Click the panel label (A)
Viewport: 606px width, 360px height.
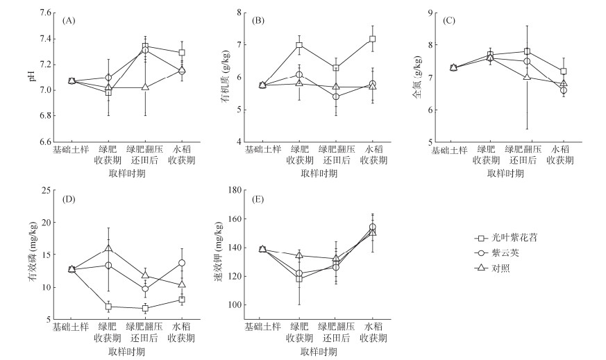69,21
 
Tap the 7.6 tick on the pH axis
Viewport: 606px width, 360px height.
44,13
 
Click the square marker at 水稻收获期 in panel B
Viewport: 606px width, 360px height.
373,39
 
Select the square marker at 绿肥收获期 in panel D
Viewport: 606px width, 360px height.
108,307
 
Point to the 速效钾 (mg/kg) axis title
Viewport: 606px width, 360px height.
220,254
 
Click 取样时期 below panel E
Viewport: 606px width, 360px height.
319,351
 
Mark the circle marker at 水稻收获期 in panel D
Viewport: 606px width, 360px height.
182,263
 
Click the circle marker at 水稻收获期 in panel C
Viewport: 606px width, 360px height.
564,90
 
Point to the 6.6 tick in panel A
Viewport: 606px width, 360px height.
44,142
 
